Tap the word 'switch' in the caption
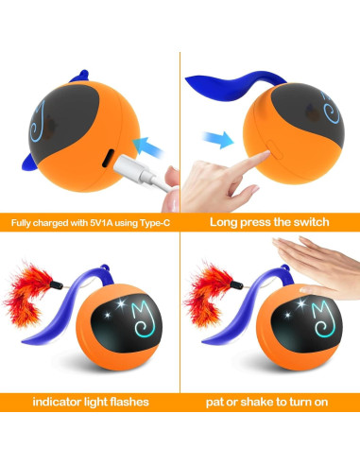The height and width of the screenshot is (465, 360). (x=308, y=223)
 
